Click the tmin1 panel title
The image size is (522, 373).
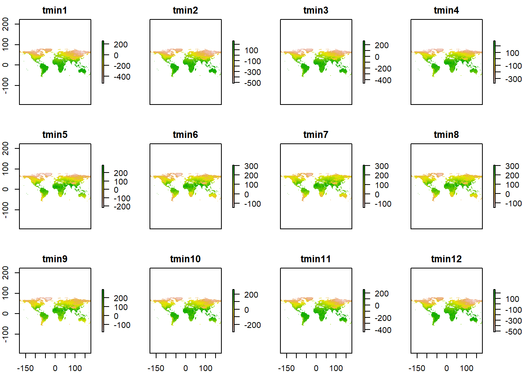55,10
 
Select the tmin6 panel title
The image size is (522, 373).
185,135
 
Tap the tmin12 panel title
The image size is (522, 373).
446,259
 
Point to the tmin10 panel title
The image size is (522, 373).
185,259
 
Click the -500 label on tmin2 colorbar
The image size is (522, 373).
252,83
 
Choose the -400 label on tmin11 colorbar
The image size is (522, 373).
383,330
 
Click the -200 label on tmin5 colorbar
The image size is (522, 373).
122,207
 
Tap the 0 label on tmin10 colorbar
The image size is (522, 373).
247,310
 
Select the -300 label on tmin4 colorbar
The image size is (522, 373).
513,79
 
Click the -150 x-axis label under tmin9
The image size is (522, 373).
26,368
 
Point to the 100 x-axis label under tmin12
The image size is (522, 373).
466,368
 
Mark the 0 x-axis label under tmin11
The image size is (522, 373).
316,368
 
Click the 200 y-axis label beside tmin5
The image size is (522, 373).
6,148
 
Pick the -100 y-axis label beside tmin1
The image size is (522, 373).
6,85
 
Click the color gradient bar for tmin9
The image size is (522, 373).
103,310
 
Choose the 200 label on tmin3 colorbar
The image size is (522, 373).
382,45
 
